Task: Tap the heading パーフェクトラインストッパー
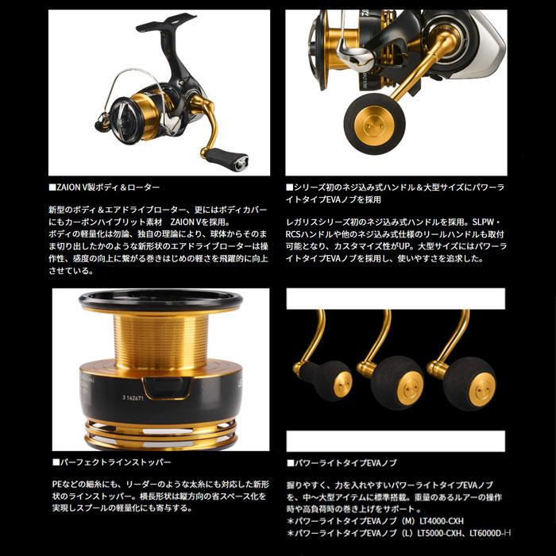coord(115,461)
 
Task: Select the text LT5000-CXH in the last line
coord(430,535)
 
